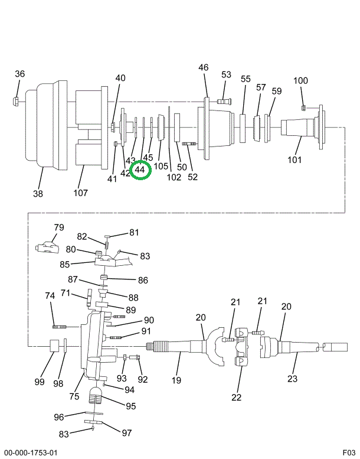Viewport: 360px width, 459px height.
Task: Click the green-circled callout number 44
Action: tap(140, 170)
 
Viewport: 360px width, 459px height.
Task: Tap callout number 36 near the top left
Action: tap(20, 74)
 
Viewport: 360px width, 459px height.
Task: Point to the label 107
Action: tap(80, 193)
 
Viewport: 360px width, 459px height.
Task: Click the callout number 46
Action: tap(204, 68)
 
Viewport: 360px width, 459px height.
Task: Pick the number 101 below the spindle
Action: tap(294, 159)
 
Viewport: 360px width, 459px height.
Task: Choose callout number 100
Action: tap(301, 81)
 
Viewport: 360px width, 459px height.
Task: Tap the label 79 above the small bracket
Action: tap(58, 227)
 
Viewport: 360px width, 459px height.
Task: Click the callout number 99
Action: tap(39, 382)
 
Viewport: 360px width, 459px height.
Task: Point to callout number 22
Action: tap(237, 397)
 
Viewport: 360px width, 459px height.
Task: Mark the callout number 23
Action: tap(293, 379)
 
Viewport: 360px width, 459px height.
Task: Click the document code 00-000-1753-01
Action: tap(31, 453)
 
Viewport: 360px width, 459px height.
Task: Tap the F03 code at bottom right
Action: tap(348, 453)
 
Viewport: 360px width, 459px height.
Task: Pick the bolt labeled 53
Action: tap(225, 101)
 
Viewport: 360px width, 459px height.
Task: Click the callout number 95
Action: tap(130, 406)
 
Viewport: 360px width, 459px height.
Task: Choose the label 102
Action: tap(174, 177)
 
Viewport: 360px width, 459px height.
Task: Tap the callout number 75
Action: tap(74, 396)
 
